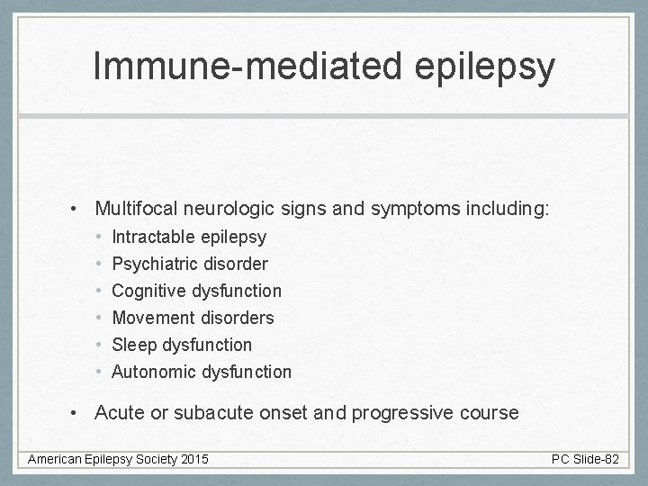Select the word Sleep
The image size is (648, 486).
(133, 345)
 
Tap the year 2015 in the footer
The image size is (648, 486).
(193, 460)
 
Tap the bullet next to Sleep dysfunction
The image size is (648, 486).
(97, 345)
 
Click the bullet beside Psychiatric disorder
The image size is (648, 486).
(97, 265)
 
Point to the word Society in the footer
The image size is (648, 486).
(153, 460)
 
